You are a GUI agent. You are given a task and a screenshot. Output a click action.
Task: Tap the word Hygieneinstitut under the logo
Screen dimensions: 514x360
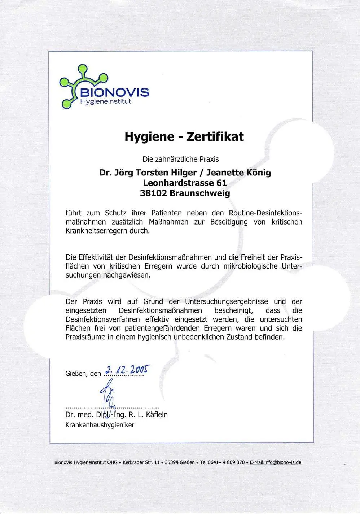tap(105, 101)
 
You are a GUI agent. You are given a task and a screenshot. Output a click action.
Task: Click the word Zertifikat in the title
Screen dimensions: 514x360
tap(213, 137)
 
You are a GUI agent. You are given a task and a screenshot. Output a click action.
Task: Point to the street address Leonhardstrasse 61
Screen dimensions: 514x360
tap(185, 183)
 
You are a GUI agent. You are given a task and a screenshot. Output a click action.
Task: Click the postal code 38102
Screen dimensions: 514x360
tap(153, 193)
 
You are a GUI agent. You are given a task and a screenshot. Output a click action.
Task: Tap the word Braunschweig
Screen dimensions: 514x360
tap(199, 193)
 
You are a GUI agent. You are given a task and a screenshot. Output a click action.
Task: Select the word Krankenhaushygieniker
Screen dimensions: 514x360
tap(100, 425)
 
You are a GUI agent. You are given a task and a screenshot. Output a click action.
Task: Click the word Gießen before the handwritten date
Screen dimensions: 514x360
tap(77, 374)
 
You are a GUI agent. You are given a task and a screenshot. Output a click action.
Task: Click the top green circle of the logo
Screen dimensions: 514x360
tap(83, 68)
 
